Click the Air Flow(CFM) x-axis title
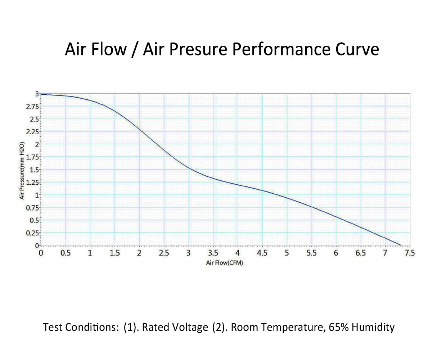coord(225,263)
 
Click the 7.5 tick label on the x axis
coord(410,253)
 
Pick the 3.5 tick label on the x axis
coord(213,253)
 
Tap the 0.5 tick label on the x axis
coord(65,253)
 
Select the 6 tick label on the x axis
coord(336,253)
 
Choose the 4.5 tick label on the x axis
coord(262,253)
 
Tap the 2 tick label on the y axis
coord(36,144)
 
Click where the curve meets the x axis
coord(401,246)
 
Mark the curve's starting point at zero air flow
coord(41,94)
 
